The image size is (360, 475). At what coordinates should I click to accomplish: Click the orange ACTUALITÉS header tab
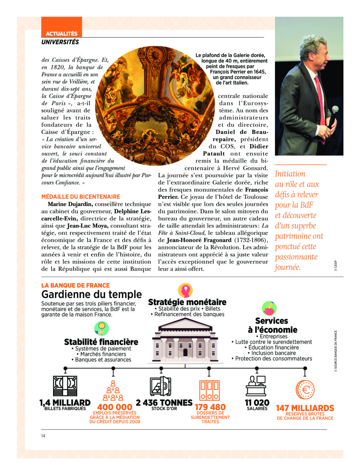point(61,34)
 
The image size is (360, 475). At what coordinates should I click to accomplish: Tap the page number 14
point(44,436)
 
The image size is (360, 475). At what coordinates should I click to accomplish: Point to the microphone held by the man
point(335,113)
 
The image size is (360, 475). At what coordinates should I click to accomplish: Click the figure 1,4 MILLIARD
point(65,403)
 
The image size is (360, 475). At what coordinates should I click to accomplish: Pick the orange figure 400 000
point(115,407)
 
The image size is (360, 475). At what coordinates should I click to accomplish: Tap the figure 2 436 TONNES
point(164,403)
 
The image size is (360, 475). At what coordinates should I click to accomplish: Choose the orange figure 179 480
point(210,407)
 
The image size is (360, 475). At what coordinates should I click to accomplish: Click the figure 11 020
point(257,403)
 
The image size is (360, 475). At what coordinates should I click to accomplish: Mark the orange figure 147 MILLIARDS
point(305,408)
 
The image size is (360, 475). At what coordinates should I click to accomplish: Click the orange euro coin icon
point(305,390)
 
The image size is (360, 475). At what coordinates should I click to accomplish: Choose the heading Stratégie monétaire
point(187,302)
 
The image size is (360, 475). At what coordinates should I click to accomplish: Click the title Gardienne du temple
point(91,294)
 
